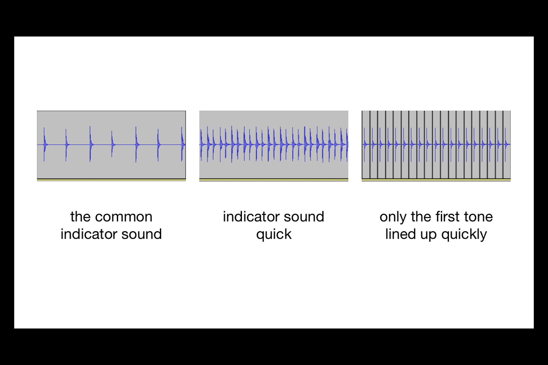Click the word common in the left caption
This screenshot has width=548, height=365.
(x=124, y=217)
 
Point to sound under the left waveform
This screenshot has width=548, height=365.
(x=142, y=234)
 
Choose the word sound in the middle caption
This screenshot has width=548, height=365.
(x=304, y=217)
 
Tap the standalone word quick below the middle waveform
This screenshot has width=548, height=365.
(x=274, y=235)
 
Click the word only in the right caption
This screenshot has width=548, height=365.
(x=393, y=217)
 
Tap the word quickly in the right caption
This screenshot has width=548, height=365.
(x=464, y=235)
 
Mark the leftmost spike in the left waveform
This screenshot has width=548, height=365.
(x=44, y=144)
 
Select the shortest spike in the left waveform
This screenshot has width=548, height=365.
(x=112, y=144)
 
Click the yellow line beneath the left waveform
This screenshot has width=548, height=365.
(x=111, y=180)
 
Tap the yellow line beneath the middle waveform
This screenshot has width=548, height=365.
(x=274, y=180)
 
